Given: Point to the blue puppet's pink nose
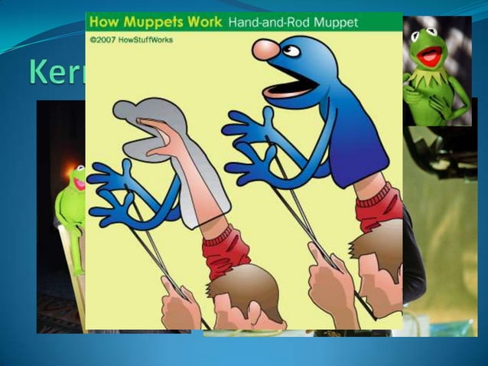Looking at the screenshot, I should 265,49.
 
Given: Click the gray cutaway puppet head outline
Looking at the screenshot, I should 145,115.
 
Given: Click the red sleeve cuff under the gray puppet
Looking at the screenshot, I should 227,249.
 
